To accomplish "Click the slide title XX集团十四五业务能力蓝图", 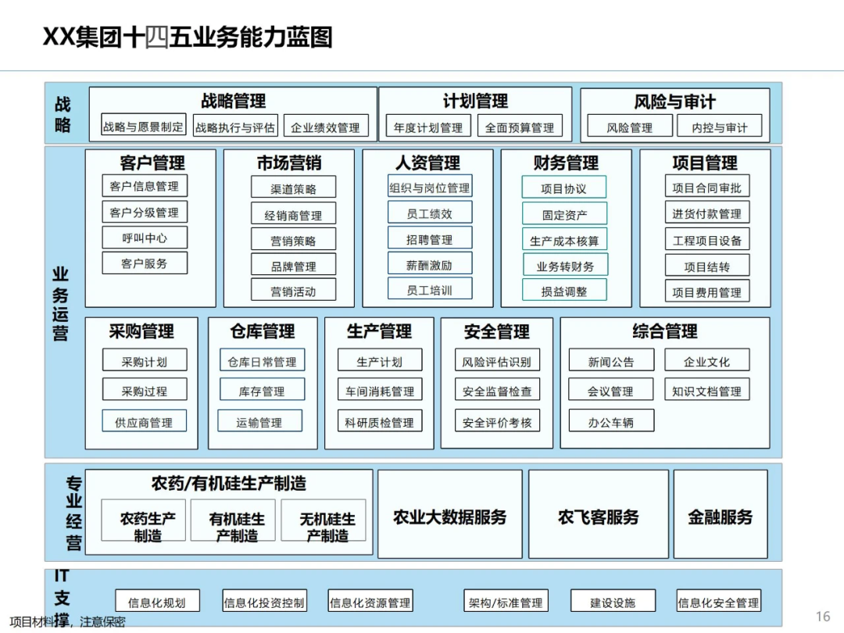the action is coord(188,37).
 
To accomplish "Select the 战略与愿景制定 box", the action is coord(144,127).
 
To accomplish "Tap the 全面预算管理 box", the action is coord(520,127).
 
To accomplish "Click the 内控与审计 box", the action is coord(720,127).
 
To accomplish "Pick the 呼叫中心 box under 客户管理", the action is coord(145,238).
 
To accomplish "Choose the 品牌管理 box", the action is coord(294,266).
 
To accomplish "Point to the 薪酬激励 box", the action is coord(429,265).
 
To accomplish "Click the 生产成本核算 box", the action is coord(564,241).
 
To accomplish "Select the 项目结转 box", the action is coord(707,266).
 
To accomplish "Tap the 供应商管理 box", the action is coord(144,422).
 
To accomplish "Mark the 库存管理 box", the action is coord(262,391).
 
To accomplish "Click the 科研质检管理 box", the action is coord(380,422).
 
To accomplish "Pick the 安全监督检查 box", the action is coord(497,391).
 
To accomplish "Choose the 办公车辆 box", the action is coord(611,422).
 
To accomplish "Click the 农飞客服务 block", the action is coord(599,517).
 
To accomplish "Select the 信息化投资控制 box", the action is coord(264,602).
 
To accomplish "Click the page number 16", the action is coord(823,617).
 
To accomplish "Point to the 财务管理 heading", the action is coord(566,163).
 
